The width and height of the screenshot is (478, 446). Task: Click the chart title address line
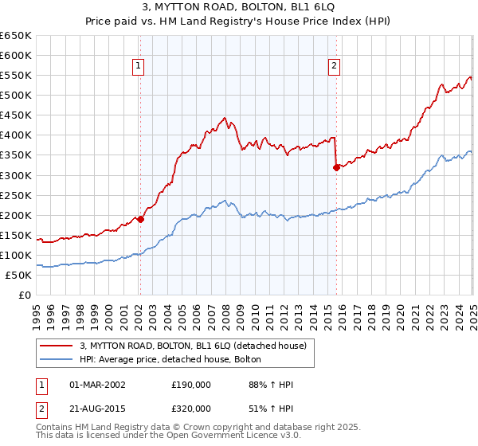239,8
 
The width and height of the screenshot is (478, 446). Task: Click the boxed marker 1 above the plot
139,67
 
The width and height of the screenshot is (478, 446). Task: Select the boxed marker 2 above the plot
334,67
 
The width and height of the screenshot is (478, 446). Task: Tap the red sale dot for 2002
140,219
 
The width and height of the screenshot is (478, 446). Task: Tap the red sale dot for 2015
336,167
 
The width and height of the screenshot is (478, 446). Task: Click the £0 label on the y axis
24,295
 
